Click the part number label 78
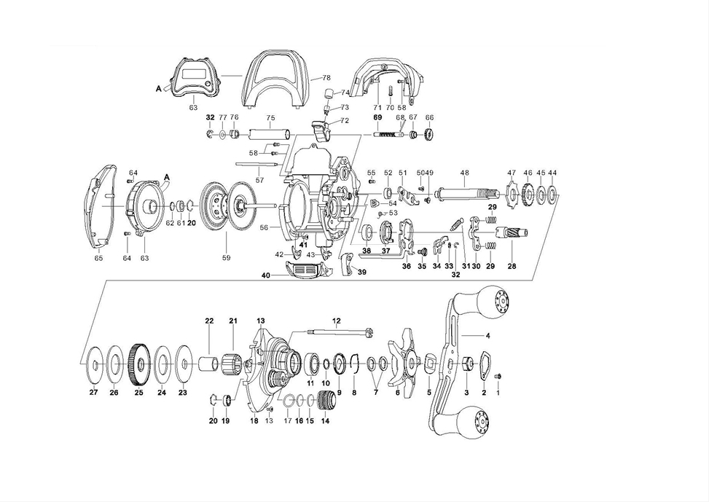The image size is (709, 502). tap(326, 77)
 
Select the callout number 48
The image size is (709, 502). tap(464, 173)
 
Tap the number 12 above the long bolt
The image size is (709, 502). tap(337, 321)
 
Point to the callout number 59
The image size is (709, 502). tap(226, 258)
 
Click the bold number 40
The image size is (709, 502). tap(266, 275)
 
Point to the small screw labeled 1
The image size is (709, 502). tap(499, 376)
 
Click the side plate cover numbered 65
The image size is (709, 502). tap(101, 207)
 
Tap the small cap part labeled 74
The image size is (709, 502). tap(329, 93)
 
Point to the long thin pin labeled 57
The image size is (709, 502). tap(258, 164)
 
